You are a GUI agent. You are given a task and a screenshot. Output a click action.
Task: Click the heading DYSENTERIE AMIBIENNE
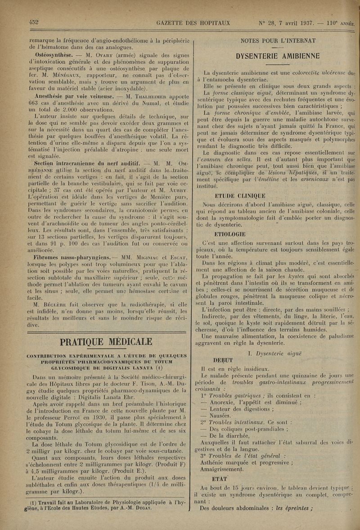pos(278,56)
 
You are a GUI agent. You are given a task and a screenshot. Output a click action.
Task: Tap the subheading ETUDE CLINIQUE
pos(240,195)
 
